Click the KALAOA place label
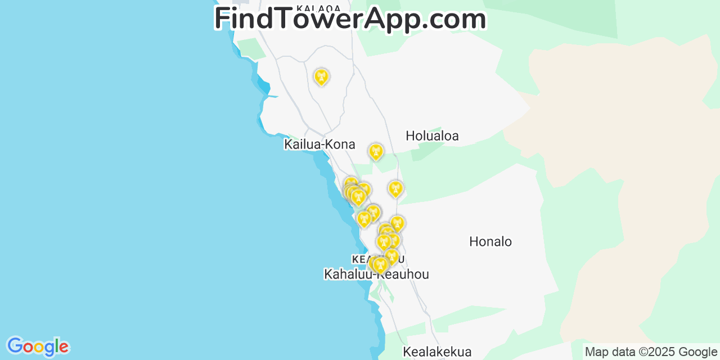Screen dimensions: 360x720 coord(318,8)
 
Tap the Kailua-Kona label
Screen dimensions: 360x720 coord(319,145)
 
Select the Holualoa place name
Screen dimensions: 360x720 coord(432,136)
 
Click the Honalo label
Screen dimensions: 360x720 coord(490,242)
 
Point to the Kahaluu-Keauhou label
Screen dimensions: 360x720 coord(376,274)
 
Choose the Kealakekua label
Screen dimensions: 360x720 coord(437,352)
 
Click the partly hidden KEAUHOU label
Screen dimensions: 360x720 coord(360,259)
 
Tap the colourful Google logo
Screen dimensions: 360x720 coord(38,346)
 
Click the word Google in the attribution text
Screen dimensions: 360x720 coord(697,352)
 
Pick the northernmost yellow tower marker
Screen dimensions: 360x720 coord(321,76)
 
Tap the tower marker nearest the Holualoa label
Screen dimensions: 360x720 coord(376,151)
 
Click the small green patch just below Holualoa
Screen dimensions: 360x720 coord(429,150)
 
